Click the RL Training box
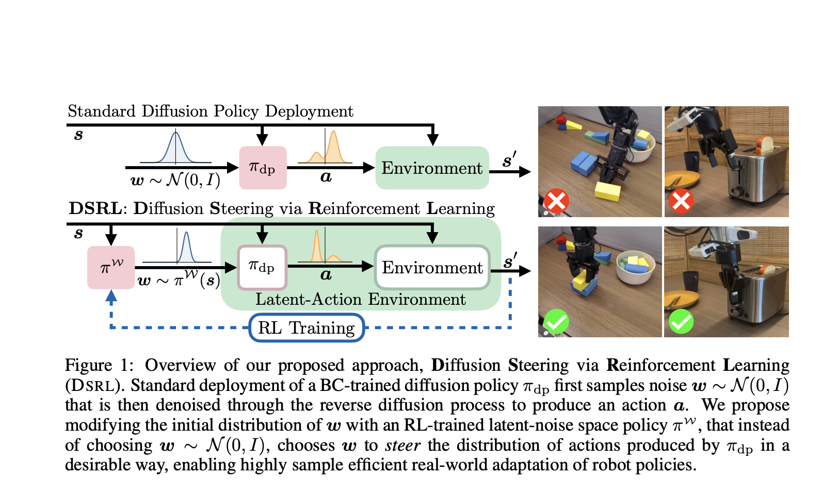[x=307, y=328]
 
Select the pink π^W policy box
[x=111, y=267]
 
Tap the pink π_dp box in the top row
[x=263, y=168]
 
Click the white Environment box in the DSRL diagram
[x=432, y=267]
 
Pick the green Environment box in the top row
[x=432, y=168]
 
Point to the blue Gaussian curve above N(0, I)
[x=175, y=148]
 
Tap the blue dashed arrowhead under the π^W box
[x=111, y=296]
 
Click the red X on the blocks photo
[x=556, y=201]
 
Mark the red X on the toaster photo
[x=681, y=201]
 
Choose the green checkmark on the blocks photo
[x=556, y=322]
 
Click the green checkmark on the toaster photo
[x=681, y=322]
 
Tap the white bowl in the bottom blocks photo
[x=636, y=267]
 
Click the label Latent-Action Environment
[x=360, y=300]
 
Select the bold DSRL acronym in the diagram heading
[x=95, y=208]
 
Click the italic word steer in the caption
[x=402, y=445]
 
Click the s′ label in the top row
[x=509, y=160]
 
